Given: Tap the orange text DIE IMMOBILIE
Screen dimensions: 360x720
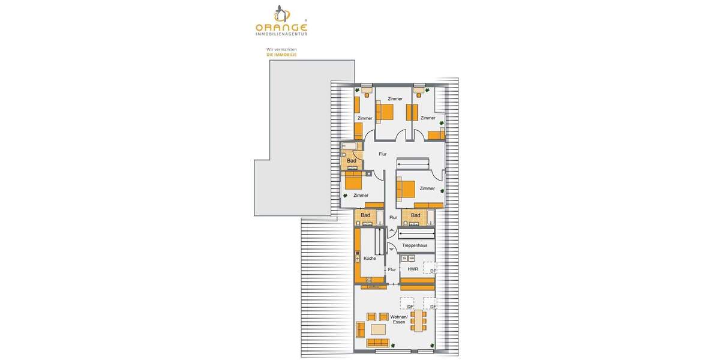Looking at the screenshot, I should click(x=281, y=55).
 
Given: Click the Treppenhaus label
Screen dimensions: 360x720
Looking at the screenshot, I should click(x=415, y=245).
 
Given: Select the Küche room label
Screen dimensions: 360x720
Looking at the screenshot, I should click(x=370, y=259).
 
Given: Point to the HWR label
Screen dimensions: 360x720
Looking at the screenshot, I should click(x=412, y=269).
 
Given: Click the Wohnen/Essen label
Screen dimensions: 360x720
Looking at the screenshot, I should click(x=399, y=319).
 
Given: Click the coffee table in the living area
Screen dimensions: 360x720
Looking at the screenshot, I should click(x=379, y=329).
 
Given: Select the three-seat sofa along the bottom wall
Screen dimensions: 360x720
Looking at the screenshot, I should click(x=377, y=343).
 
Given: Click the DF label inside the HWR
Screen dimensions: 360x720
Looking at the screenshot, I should click(x=433, y=271).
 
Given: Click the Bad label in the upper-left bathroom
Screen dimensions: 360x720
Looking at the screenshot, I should click(x=352, y=161).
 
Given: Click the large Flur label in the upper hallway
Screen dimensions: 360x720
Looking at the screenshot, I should click(x=382, y=154).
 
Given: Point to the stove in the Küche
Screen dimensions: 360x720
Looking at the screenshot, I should click(x=358, y=259).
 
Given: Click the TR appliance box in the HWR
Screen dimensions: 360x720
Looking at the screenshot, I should click(x=404, y=259).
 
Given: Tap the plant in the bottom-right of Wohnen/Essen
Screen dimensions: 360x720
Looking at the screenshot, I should click(x=433, y=344).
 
